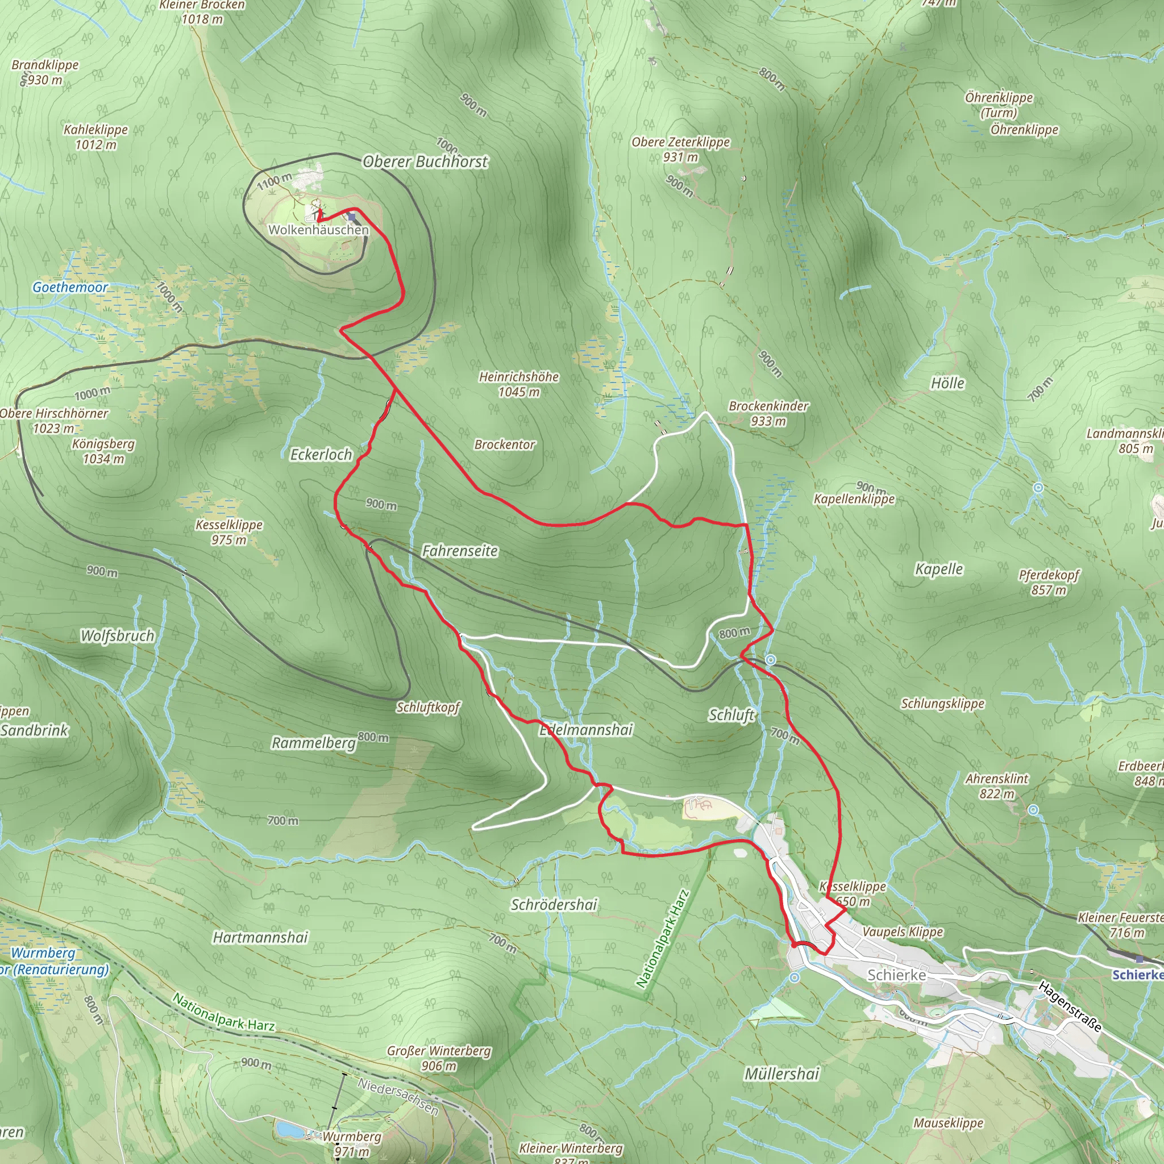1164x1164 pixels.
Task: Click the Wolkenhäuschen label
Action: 318,230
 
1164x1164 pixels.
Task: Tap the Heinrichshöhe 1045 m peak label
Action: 519,384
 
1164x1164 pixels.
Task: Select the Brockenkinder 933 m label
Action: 768,413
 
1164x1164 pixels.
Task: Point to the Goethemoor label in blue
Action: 70,288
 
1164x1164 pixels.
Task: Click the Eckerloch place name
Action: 321,454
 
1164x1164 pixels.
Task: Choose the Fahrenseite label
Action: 460,551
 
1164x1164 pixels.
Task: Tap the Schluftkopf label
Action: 428,707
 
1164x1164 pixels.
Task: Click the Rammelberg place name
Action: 313,742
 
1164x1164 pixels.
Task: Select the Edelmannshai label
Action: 585,730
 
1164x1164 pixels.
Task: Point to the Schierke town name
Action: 896,974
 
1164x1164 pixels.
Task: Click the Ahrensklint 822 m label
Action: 997,785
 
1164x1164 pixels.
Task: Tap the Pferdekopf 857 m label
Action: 1049,582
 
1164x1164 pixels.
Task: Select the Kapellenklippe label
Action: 854,499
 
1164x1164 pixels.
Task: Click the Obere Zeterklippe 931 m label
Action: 680,149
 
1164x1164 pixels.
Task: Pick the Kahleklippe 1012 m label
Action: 96,137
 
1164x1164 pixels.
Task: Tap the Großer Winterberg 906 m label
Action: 439,1058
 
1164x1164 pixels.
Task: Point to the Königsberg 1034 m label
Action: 103,451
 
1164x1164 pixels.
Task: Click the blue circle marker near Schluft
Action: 771,660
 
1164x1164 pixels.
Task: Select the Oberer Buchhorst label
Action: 425,161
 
